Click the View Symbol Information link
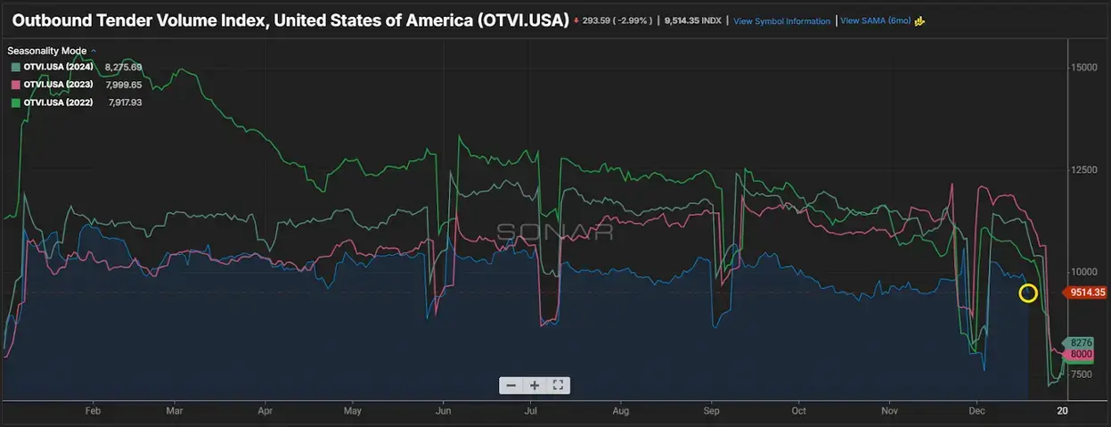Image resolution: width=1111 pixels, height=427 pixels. pos(781,21)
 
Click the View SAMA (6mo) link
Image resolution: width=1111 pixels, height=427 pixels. pos(876,21)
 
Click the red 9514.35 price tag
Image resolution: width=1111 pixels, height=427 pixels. pos(1088,292)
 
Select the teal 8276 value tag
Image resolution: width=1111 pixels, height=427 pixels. pos(1081,342)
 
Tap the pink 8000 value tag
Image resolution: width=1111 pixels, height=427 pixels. pos(1081,354)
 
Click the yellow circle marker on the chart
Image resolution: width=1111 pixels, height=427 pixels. pos(1028,293)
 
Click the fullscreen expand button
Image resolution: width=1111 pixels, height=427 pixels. pos(558,385)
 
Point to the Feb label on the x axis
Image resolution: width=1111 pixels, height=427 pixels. pos(93,411)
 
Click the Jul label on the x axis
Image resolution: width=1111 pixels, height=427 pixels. pos(531,411)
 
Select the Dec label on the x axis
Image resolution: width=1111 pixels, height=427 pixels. pos(976,411)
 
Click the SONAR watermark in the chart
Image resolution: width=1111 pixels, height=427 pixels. pos(554,232)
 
